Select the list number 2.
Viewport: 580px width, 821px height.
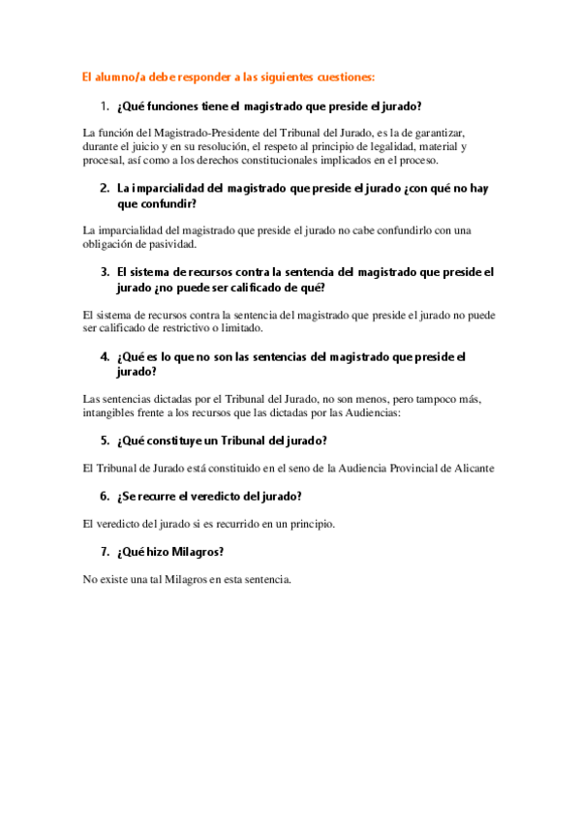pos(104,188)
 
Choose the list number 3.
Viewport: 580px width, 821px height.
pos(104,272)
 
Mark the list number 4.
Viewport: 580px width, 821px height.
pos(104,356)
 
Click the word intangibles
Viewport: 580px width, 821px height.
pos(114,412)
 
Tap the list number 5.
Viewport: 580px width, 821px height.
pos(104,441)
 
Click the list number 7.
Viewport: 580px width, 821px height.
pos(104,552)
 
